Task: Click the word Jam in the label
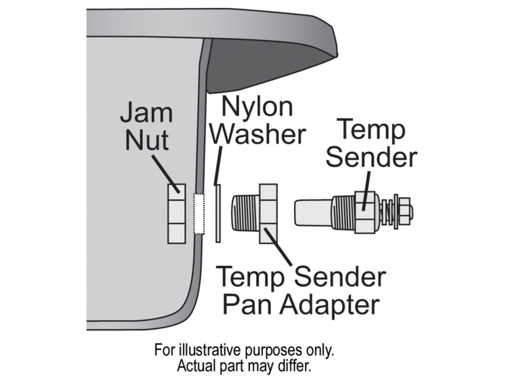[x=146, y=112]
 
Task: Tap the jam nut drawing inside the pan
[x=176, y=213]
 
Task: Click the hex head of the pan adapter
[x=268, y=213]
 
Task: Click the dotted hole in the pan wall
[x=199, y=213]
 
